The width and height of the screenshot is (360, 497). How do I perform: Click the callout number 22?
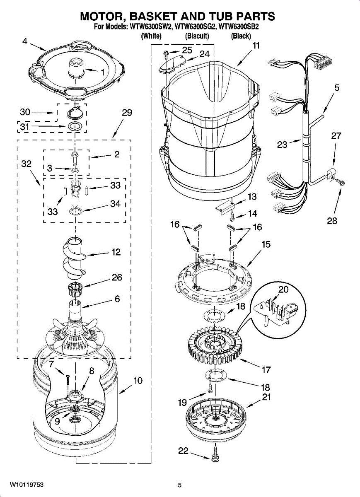tap(183, 451)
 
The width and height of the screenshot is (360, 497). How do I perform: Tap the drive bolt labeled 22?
tap(215, 458)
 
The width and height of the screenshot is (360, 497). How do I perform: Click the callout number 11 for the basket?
tap(256, 46)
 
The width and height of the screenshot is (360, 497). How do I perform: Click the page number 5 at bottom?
tap(180, 485)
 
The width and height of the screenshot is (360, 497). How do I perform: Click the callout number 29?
tap(127, 113)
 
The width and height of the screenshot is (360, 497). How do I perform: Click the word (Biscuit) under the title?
tap(197, 36)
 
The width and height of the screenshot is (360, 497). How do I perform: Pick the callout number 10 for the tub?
tap(138, 380)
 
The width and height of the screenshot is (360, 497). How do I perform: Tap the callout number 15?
tap(266, 244)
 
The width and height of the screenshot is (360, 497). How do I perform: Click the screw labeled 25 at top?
tap(165, 53)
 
